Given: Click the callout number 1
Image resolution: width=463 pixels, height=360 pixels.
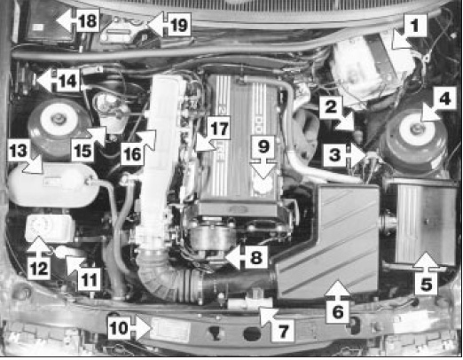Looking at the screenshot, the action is pyautogui.click(x=415, y=25).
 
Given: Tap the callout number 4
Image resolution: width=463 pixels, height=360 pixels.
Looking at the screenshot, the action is pyautogui.click(x=444, y=98).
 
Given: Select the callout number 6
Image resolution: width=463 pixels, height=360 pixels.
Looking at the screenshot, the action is pyautogui.click(x=338, y=311).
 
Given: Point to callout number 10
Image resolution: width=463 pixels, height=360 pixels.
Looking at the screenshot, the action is pyautogui.click(x=119, y=327).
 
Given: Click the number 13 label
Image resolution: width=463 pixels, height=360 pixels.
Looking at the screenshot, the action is pyautogui.click(x=19, y=151).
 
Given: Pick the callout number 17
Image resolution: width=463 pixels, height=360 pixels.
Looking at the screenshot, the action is pyautogui.click(x=219, y=129).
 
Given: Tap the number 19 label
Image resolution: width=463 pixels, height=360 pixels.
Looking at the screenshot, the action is pyautogui.click(x=179, y=25).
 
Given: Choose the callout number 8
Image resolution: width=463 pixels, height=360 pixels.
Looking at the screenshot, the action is pyautogui.click(x=256, y=257).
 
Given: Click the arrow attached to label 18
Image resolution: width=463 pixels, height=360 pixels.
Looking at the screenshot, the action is pyautogui.click(x=66, y=20).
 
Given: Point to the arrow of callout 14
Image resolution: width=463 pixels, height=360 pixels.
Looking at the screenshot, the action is pyautogui.click(x=45, y=81).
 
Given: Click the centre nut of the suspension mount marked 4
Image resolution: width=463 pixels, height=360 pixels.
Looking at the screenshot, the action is pyautogui.click(x=418, y=128).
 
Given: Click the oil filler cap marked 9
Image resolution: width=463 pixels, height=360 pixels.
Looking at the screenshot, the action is pyautogui.click(x=263, y=185).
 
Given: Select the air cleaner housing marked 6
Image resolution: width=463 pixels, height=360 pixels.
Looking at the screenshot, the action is pyautogui.click(x=328, y=241).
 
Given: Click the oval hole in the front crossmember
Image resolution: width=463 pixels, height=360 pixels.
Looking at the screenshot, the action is pyautogui.click(x=252, y=333).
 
